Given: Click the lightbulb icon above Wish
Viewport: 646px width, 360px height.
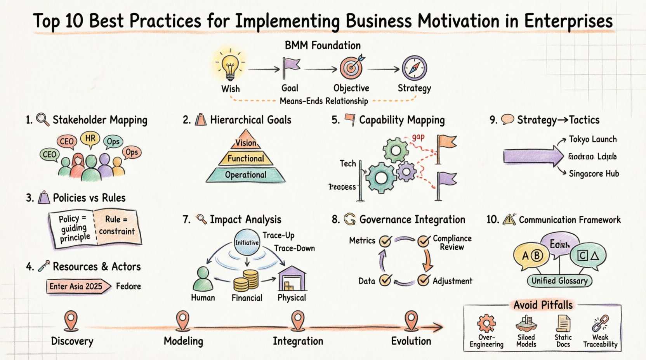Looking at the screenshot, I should pos(230,65).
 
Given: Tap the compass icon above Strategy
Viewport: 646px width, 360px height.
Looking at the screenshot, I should pos(414,67).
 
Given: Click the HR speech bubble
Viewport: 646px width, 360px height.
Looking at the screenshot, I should pos(90,138).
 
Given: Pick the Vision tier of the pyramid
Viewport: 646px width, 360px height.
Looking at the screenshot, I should pos(246,143).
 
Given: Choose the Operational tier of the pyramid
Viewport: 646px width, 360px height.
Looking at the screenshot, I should pos(246,175).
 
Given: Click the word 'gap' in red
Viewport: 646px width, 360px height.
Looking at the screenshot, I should pos(418,137).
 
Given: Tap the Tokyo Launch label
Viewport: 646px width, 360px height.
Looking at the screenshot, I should pos(592,139).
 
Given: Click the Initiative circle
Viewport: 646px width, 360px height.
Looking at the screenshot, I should pos(247,242).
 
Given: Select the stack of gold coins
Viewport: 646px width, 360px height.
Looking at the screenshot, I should pos(246,281).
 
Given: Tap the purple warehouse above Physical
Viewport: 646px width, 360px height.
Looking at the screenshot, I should pos(292,279).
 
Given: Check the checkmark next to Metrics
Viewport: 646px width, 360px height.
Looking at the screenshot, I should pos(385,241).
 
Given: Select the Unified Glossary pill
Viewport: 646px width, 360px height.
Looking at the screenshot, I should pos(559,280).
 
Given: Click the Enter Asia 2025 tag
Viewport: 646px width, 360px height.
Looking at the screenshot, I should pos(77,286).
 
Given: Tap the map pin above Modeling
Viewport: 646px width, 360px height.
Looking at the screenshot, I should pos(182,320).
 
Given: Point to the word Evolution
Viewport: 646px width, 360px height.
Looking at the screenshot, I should pos(411,341).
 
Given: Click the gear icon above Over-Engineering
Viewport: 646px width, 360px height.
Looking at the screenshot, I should pos(486,323).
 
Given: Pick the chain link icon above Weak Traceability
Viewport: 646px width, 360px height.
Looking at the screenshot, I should pos(600,323).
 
